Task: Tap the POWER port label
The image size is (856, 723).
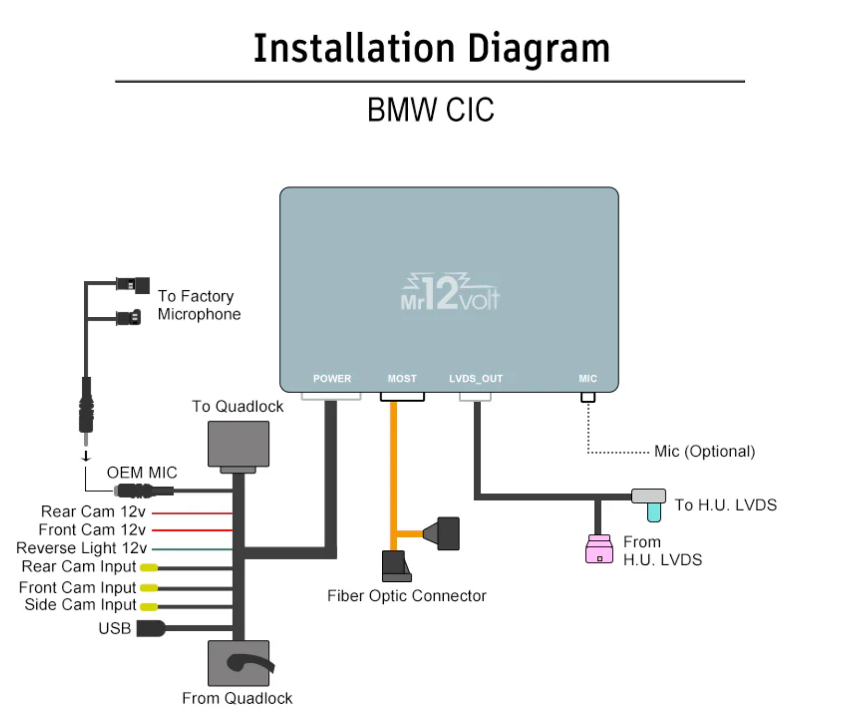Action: (x=332, y=379)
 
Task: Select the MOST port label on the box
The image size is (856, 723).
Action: (x=402, y=379)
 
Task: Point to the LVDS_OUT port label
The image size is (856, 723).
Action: (x=476, y=379)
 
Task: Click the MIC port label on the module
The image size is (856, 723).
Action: (x=588, y=379)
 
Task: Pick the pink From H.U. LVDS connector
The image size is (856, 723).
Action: (x=599, y=550)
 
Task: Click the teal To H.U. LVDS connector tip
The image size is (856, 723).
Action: (x=654, y=512)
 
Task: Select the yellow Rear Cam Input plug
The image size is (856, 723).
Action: (x=149, y=567)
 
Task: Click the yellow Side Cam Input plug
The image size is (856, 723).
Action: (x=149, y=606)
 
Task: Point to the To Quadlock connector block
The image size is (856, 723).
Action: (x=239, y=444)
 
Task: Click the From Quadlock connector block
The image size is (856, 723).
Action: (x=239, y=663)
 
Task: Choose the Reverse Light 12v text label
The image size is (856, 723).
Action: (x=82, y=548)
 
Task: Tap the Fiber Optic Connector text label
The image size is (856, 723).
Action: (x=407, y=596)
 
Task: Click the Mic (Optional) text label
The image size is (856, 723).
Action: (x=704, y=451)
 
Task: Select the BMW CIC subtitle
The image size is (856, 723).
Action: (x=431, y=110)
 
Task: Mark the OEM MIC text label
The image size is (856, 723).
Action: (x=141, y=473)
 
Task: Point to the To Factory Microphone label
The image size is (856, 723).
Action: (x=199, y=305)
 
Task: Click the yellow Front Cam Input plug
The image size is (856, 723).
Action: (x=149, y=588)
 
